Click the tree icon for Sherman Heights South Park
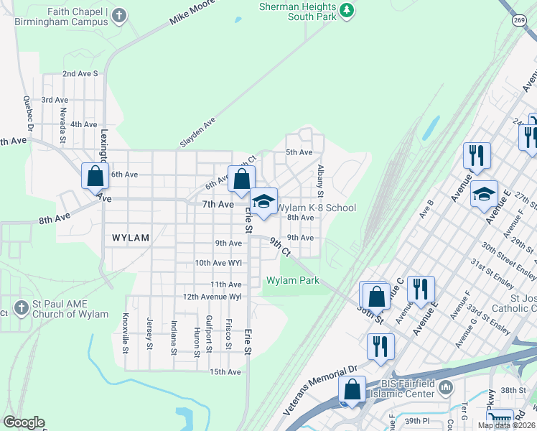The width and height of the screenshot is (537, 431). (x=347, y=10)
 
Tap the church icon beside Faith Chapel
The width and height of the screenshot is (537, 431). (x=119, y=14)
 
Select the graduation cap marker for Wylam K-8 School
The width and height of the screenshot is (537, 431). (x=263, y=203)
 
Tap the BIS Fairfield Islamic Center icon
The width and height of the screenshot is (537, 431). (x=445, y=388)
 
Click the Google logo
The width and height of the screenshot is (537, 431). (x=24, y=422)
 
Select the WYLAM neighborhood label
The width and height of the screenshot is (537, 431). (x=130, y=237)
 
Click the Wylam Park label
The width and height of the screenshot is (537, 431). (x=293, y=280)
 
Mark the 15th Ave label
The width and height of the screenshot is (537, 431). (x=225, y=371)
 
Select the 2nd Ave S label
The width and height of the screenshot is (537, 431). (x=80, y=73)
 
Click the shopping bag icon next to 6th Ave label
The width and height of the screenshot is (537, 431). (x=95, y=175)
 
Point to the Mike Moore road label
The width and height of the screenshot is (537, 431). (x=192, y=14)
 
